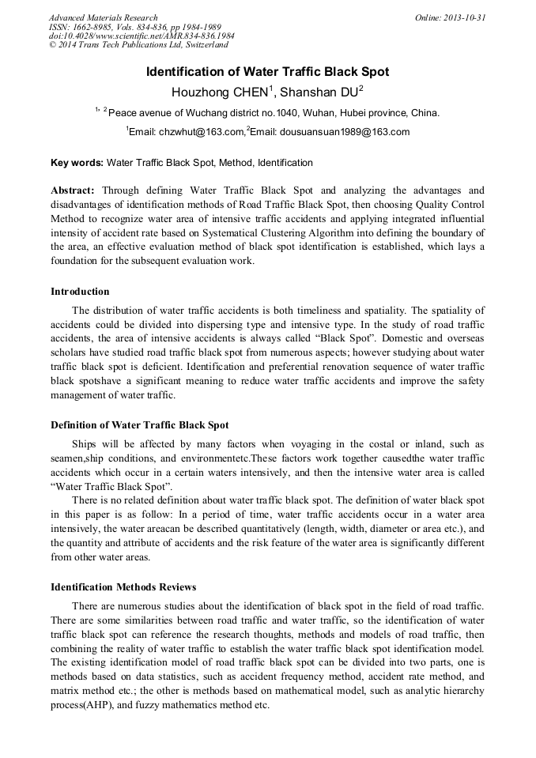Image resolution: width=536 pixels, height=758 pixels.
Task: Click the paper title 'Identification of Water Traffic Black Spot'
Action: click(267, 72)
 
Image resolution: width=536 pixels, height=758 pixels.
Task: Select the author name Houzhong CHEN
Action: click(222, 92)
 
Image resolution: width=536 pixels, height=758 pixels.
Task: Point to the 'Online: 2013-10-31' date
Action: click(450, 17)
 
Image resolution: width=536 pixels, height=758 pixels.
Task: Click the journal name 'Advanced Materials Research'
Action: click(103, 17)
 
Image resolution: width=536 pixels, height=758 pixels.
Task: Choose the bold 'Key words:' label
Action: click(77, 163)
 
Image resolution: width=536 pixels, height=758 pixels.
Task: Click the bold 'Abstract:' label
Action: click(73, 190)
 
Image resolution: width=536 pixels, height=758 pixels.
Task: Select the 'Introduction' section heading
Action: click(80, 292)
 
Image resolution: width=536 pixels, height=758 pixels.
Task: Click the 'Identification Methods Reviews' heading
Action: click(123, 587)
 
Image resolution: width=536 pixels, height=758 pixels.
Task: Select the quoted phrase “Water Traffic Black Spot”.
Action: click(111, 485)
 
